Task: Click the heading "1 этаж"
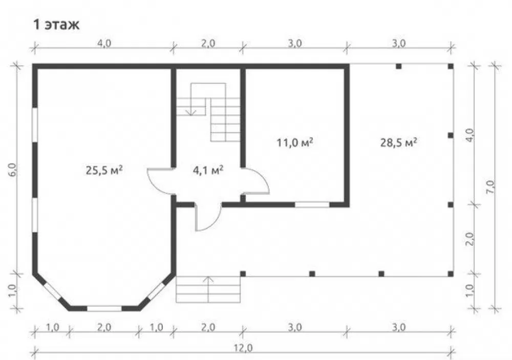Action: (56, 25)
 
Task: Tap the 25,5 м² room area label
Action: (104, 170)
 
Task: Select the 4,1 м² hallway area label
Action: (208, 170)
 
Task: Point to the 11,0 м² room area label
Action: (295, 142)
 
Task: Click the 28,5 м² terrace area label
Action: (399, 142)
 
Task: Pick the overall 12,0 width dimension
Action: (243, 348)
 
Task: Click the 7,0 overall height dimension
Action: (491, 187)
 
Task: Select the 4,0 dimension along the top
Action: (104, 43)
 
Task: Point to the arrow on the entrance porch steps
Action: (208, 289)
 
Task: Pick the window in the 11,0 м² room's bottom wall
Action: (312, 205)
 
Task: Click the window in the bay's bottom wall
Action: (104, 308)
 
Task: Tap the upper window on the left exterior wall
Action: (35, 125)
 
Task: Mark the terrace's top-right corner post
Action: (451, 67)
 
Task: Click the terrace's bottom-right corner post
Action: (451, 274)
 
